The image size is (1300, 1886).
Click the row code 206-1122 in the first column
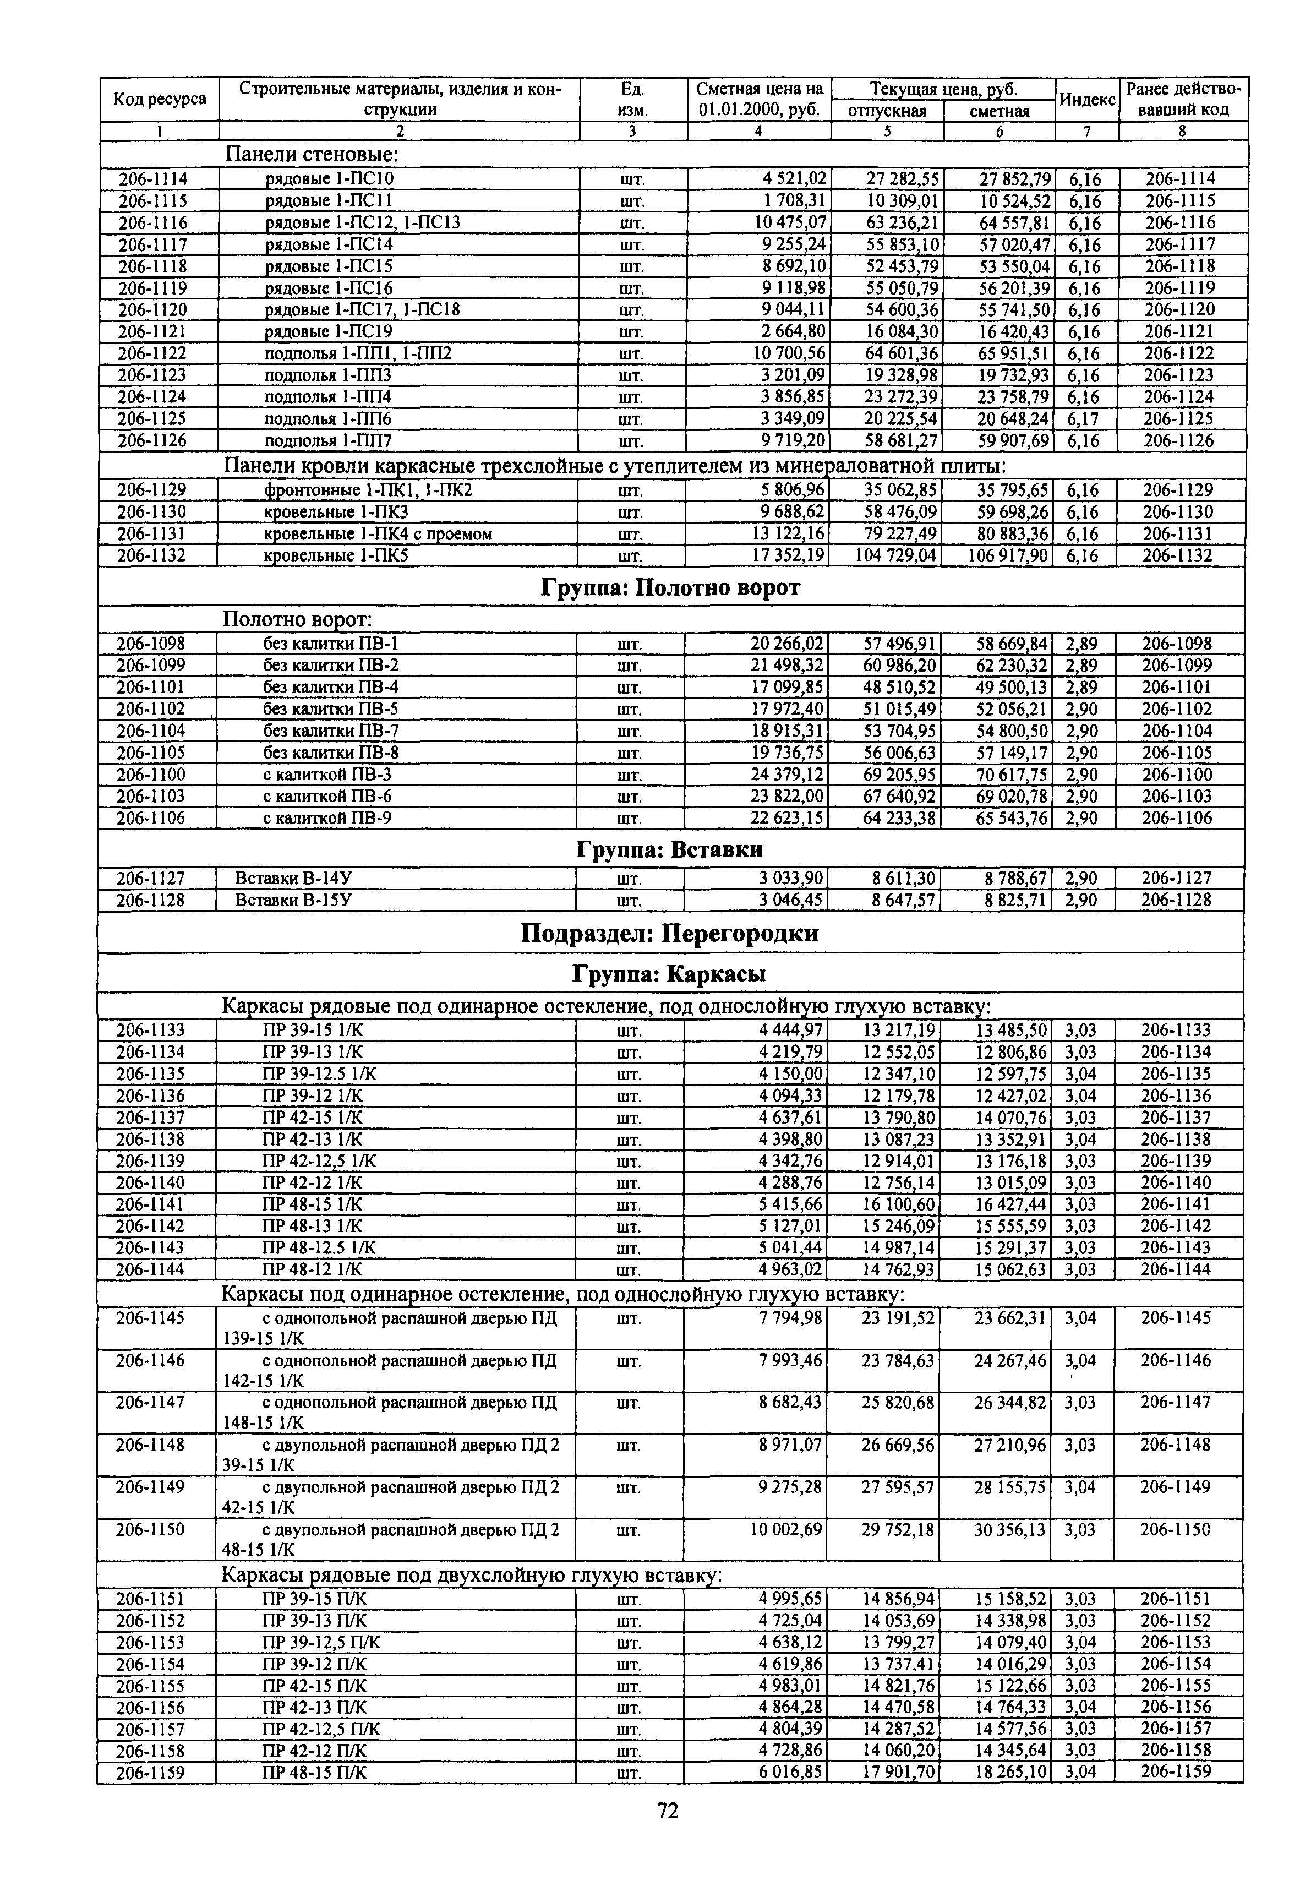pos(152,353)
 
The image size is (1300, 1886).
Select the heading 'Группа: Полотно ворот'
pos(670,587)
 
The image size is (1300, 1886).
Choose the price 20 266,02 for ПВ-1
pos(786,644)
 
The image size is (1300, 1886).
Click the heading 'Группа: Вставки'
pos(670,850)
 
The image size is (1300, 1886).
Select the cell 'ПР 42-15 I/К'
pos(313,1118)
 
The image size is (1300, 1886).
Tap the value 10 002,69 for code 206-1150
pos(785,1530)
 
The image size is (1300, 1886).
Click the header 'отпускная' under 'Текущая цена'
pos(887,111)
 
